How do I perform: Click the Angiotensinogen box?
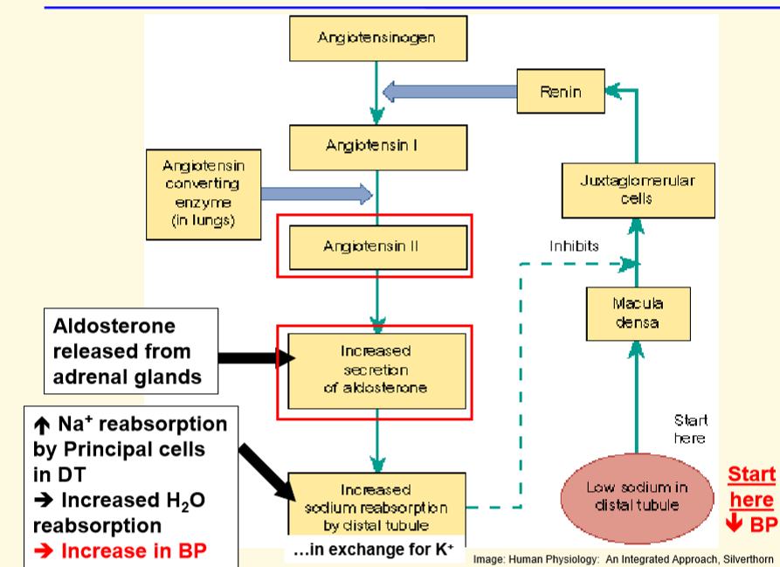pos(377,38)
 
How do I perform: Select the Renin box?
pos(561,92)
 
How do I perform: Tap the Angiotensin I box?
pos(377,146)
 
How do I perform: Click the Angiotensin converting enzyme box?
pos(204,193)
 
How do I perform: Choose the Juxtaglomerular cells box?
pos(638,190)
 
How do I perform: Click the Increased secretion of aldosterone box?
pos(376,370)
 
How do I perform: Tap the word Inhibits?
pos(574,246)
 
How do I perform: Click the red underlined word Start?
pos(751,475)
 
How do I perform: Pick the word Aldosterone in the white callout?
pos(114,327)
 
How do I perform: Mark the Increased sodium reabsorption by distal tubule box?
pos(376,507)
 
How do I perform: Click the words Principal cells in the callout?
pos(127,450)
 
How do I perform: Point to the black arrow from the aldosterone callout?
pos(248,356)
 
